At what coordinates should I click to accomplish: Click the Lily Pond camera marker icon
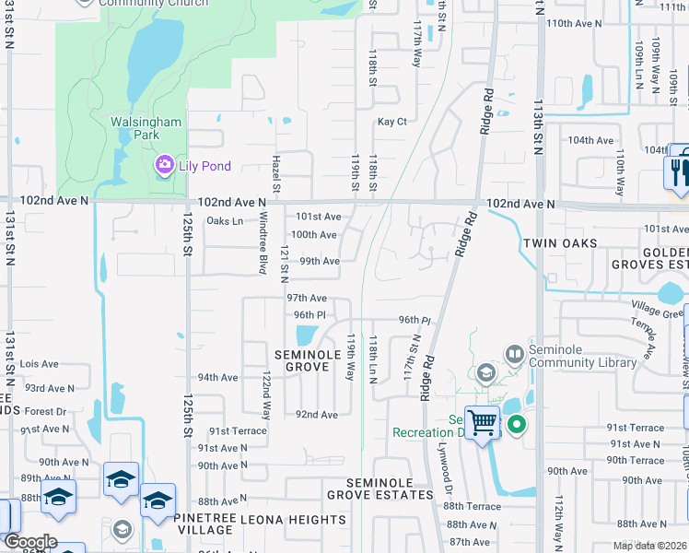click(x=165, y=165)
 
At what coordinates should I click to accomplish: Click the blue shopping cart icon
click(x=482, y=423)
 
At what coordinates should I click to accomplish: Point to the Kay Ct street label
click(x=391, y=122)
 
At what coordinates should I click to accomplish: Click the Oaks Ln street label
click(x=225, y=220)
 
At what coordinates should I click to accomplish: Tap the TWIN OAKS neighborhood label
click(x=561, y=243)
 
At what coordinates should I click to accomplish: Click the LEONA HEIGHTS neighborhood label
click(x=293, y=520)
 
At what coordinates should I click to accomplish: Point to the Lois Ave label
click(x=39, y=364)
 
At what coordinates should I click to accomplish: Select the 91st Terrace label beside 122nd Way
click(x=237, y=430)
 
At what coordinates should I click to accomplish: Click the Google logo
click(x=30, y=542)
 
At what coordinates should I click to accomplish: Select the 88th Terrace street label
click(x=472, y=507)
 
